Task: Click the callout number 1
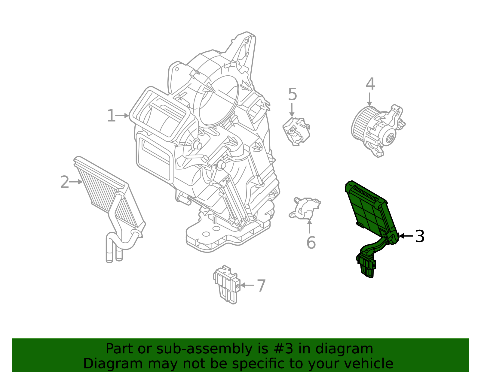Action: (111, 116)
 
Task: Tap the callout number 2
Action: (65, 182)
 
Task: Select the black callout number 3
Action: (420, 236)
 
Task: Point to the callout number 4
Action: (370, 84)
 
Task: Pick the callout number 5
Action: (292, 95)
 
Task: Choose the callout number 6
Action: (311, 243)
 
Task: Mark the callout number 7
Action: (261, 286)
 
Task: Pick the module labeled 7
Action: (227, 284)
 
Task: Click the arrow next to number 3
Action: (406, 236)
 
